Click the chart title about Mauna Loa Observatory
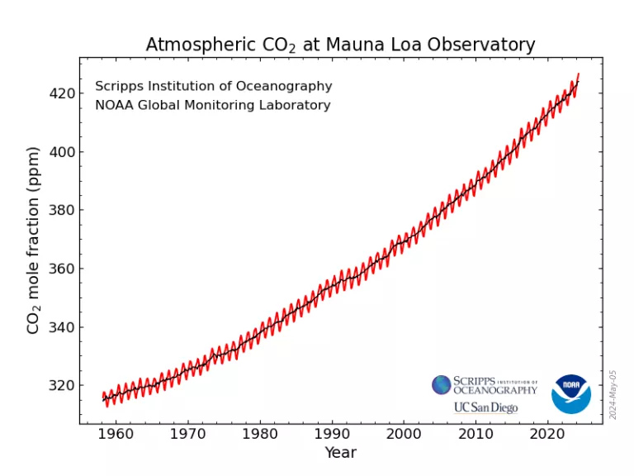tap(340, 45)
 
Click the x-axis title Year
tap(340, 453)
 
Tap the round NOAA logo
tap(571, 393)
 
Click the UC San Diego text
tap(485, 407)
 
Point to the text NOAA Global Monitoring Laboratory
tap(213, 105)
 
